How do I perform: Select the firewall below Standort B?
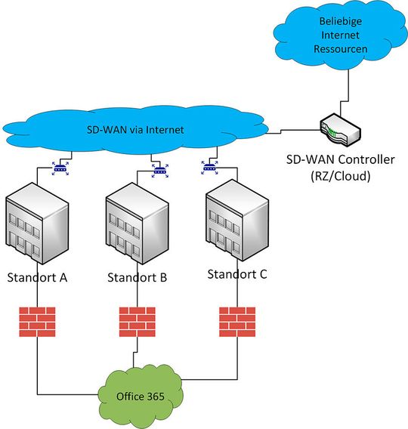pos(137,322)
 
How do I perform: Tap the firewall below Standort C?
pos(237,320)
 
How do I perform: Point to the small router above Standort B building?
pos(160,171)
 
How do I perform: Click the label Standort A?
pos(37,277)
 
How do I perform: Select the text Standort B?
pos(137,277)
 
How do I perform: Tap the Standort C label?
pos(237,273)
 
